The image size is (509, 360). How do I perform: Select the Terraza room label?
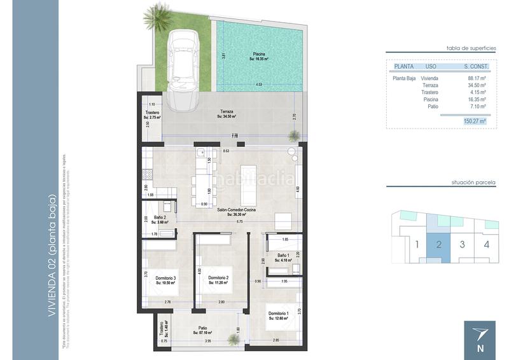[227, 113]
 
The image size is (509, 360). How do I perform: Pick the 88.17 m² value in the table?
[477, 78]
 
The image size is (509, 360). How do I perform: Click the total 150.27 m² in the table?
[475, 121]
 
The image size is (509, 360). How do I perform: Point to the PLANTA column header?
[404, 66]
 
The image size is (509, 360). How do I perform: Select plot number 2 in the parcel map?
[438, 244]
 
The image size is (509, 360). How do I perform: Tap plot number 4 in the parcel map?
[486, 244]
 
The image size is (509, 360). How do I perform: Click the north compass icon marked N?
[480, 338]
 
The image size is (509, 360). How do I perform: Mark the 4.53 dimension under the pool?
[258, 85]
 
